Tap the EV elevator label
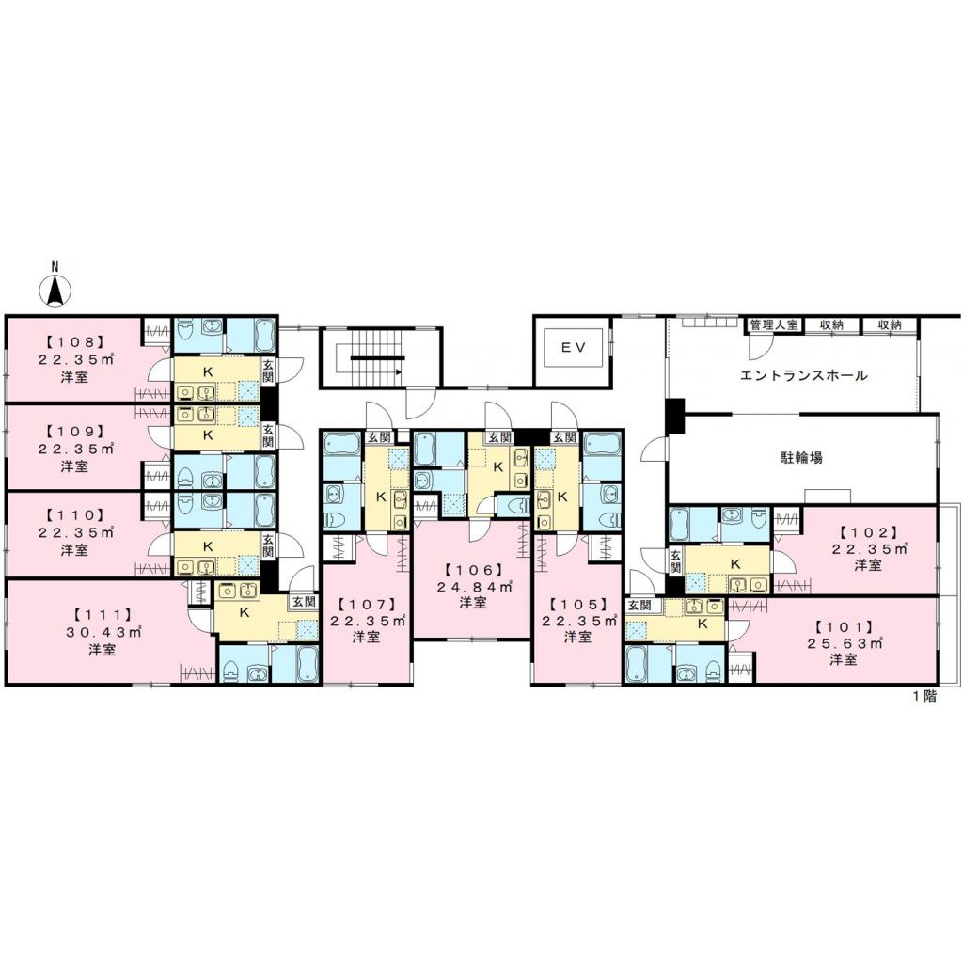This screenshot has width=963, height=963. click(x=574, y=347)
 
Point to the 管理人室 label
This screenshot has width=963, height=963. click(x=773, y=324)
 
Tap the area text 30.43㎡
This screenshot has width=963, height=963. click(x=103, y=631)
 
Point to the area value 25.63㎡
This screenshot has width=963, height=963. click(x=843, y=643)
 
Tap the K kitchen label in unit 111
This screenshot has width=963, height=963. click(x=245, y=611)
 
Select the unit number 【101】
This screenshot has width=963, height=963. click(x=844, y=625)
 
